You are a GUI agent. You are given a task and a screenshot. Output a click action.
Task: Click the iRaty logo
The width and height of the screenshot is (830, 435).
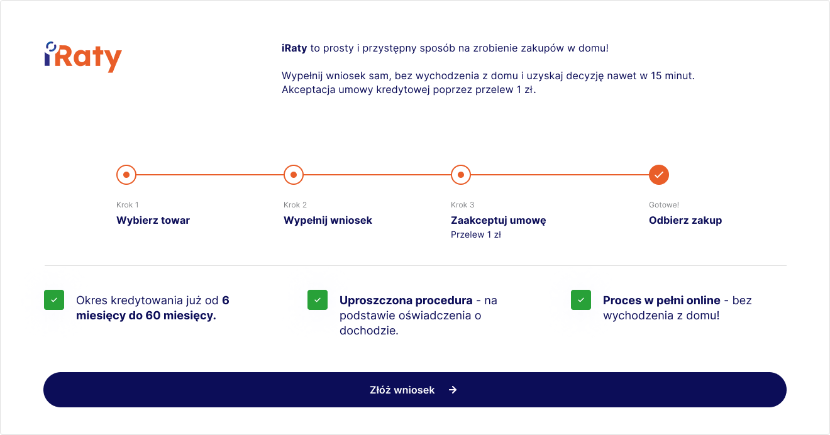tap(83, 57)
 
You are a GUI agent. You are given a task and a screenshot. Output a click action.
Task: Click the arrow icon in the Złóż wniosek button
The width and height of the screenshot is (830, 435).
tap(453, 390)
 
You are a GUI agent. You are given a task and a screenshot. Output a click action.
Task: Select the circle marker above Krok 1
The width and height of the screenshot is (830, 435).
tap(126, 175)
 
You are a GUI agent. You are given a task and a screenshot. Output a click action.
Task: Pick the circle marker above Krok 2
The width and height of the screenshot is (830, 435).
tap(294, 175)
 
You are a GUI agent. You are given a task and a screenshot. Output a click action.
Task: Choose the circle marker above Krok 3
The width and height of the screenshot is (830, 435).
tap(461, 175)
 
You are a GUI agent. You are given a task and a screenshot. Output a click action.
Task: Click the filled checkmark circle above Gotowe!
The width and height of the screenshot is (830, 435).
tap(659, 175)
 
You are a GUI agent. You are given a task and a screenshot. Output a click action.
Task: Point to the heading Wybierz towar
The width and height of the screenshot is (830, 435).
tap(153, 221)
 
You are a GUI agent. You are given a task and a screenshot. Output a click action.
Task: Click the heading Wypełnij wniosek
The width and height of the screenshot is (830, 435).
tap(328, 221)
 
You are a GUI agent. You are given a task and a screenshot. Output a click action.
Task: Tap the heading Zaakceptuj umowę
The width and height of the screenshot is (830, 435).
tap(498, 221)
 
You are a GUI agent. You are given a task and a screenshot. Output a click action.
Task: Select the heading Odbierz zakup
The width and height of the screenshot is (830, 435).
tap(685, 221)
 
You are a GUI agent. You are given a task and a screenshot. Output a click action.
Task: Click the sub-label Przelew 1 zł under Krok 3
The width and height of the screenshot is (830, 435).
tap(475, 235)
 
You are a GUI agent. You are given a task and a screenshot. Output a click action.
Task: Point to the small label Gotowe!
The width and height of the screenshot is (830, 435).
tap(663, 205)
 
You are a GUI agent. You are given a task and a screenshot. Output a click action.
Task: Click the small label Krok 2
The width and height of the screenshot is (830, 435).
tap(295, 205)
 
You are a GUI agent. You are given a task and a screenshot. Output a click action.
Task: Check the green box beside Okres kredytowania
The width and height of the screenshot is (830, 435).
tap(54, 300)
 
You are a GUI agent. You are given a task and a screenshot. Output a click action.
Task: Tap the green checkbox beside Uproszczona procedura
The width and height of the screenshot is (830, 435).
tap(318, 300)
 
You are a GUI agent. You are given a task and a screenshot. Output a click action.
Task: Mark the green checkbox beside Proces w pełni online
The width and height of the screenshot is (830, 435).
tap(581, 300)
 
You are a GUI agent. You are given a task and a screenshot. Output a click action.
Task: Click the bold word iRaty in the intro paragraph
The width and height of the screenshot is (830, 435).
tap(294, 48)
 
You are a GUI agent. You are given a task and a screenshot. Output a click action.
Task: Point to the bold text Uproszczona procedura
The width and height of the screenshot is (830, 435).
tap(406, 300)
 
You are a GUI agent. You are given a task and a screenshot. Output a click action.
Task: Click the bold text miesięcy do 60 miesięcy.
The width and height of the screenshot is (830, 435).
tap(146, 316)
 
